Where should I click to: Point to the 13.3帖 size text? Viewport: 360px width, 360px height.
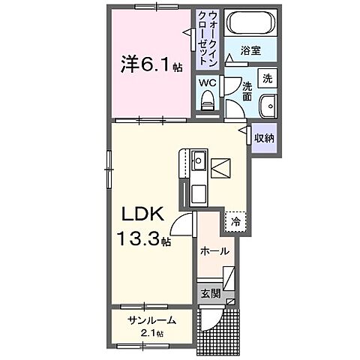[x=144, y=241]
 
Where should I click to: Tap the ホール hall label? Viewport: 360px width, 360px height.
[x=213, y=252]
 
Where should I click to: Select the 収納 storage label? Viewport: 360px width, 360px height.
[x=263, y=137]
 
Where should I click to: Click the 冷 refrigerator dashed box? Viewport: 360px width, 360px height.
[x=235, y=221]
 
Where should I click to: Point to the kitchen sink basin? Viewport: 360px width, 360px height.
[x=199, y=161]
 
